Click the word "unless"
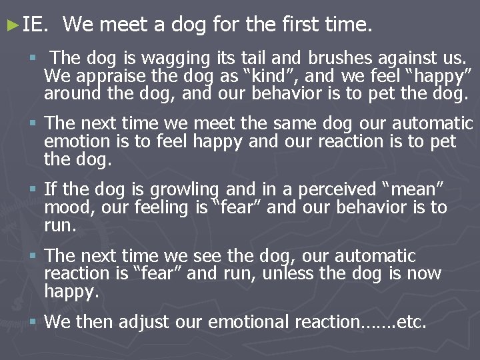click(x=291, y=273)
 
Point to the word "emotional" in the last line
click(x=255, y=323)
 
